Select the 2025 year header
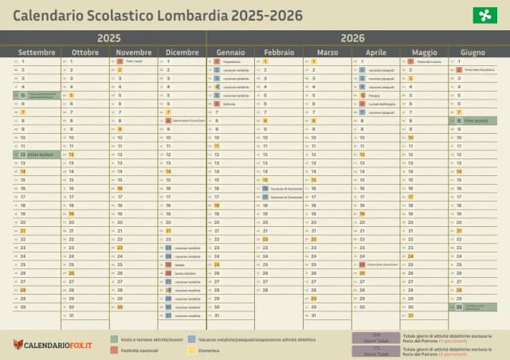109,37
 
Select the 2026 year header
352,37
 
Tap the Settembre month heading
37,52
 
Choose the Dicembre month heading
182,52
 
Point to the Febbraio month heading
279,52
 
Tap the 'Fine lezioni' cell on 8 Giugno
473,120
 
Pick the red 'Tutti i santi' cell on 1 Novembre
133,61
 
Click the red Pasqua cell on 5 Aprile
375,95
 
